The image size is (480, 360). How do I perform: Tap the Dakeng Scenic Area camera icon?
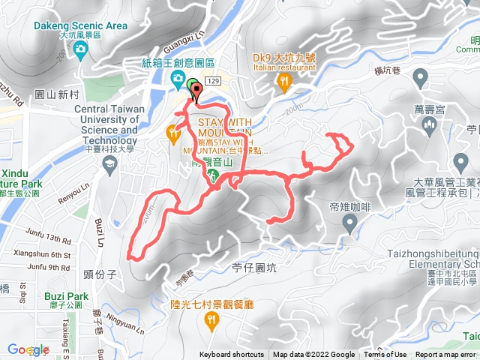[x=80, y=49]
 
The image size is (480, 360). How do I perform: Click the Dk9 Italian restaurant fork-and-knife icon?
[x=283, y=80]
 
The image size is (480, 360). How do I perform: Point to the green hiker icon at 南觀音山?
[x=212, y=176]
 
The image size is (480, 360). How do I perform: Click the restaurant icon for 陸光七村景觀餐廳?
[x=211, y=321]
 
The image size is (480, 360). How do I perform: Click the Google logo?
[x=28, y=349]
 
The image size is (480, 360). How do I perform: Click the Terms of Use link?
[x=385, y=355]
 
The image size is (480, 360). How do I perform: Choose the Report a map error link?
[x=445, y=355]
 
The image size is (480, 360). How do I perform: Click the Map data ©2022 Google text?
[x=313, y=355]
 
